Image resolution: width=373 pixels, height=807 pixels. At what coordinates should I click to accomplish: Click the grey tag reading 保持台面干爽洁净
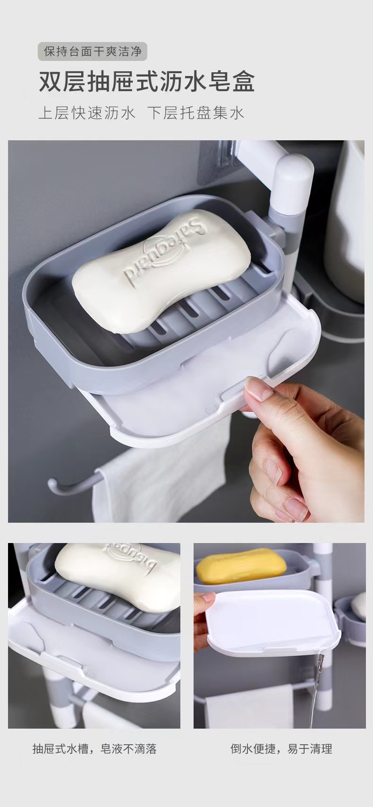coord(93,51)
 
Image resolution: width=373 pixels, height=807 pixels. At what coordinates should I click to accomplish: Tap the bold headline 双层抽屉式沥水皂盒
coord(146,81)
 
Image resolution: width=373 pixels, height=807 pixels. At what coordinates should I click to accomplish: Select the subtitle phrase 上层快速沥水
coord(87,113)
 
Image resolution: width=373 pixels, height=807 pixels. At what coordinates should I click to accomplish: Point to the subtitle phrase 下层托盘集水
coord(195,113)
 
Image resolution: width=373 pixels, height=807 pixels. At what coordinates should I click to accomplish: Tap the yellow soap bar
coord(241,565)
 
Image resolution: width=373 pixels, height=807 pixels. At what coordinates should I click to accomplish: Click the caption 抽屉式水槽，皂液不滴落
coord(94,748)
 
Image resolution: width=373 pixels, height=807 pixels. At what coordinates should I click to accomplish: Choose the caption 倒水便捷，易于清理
coord(281,748)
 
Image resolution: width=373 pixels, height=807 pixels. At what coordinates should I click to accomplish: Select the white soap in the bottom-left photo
coord(118,571)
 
